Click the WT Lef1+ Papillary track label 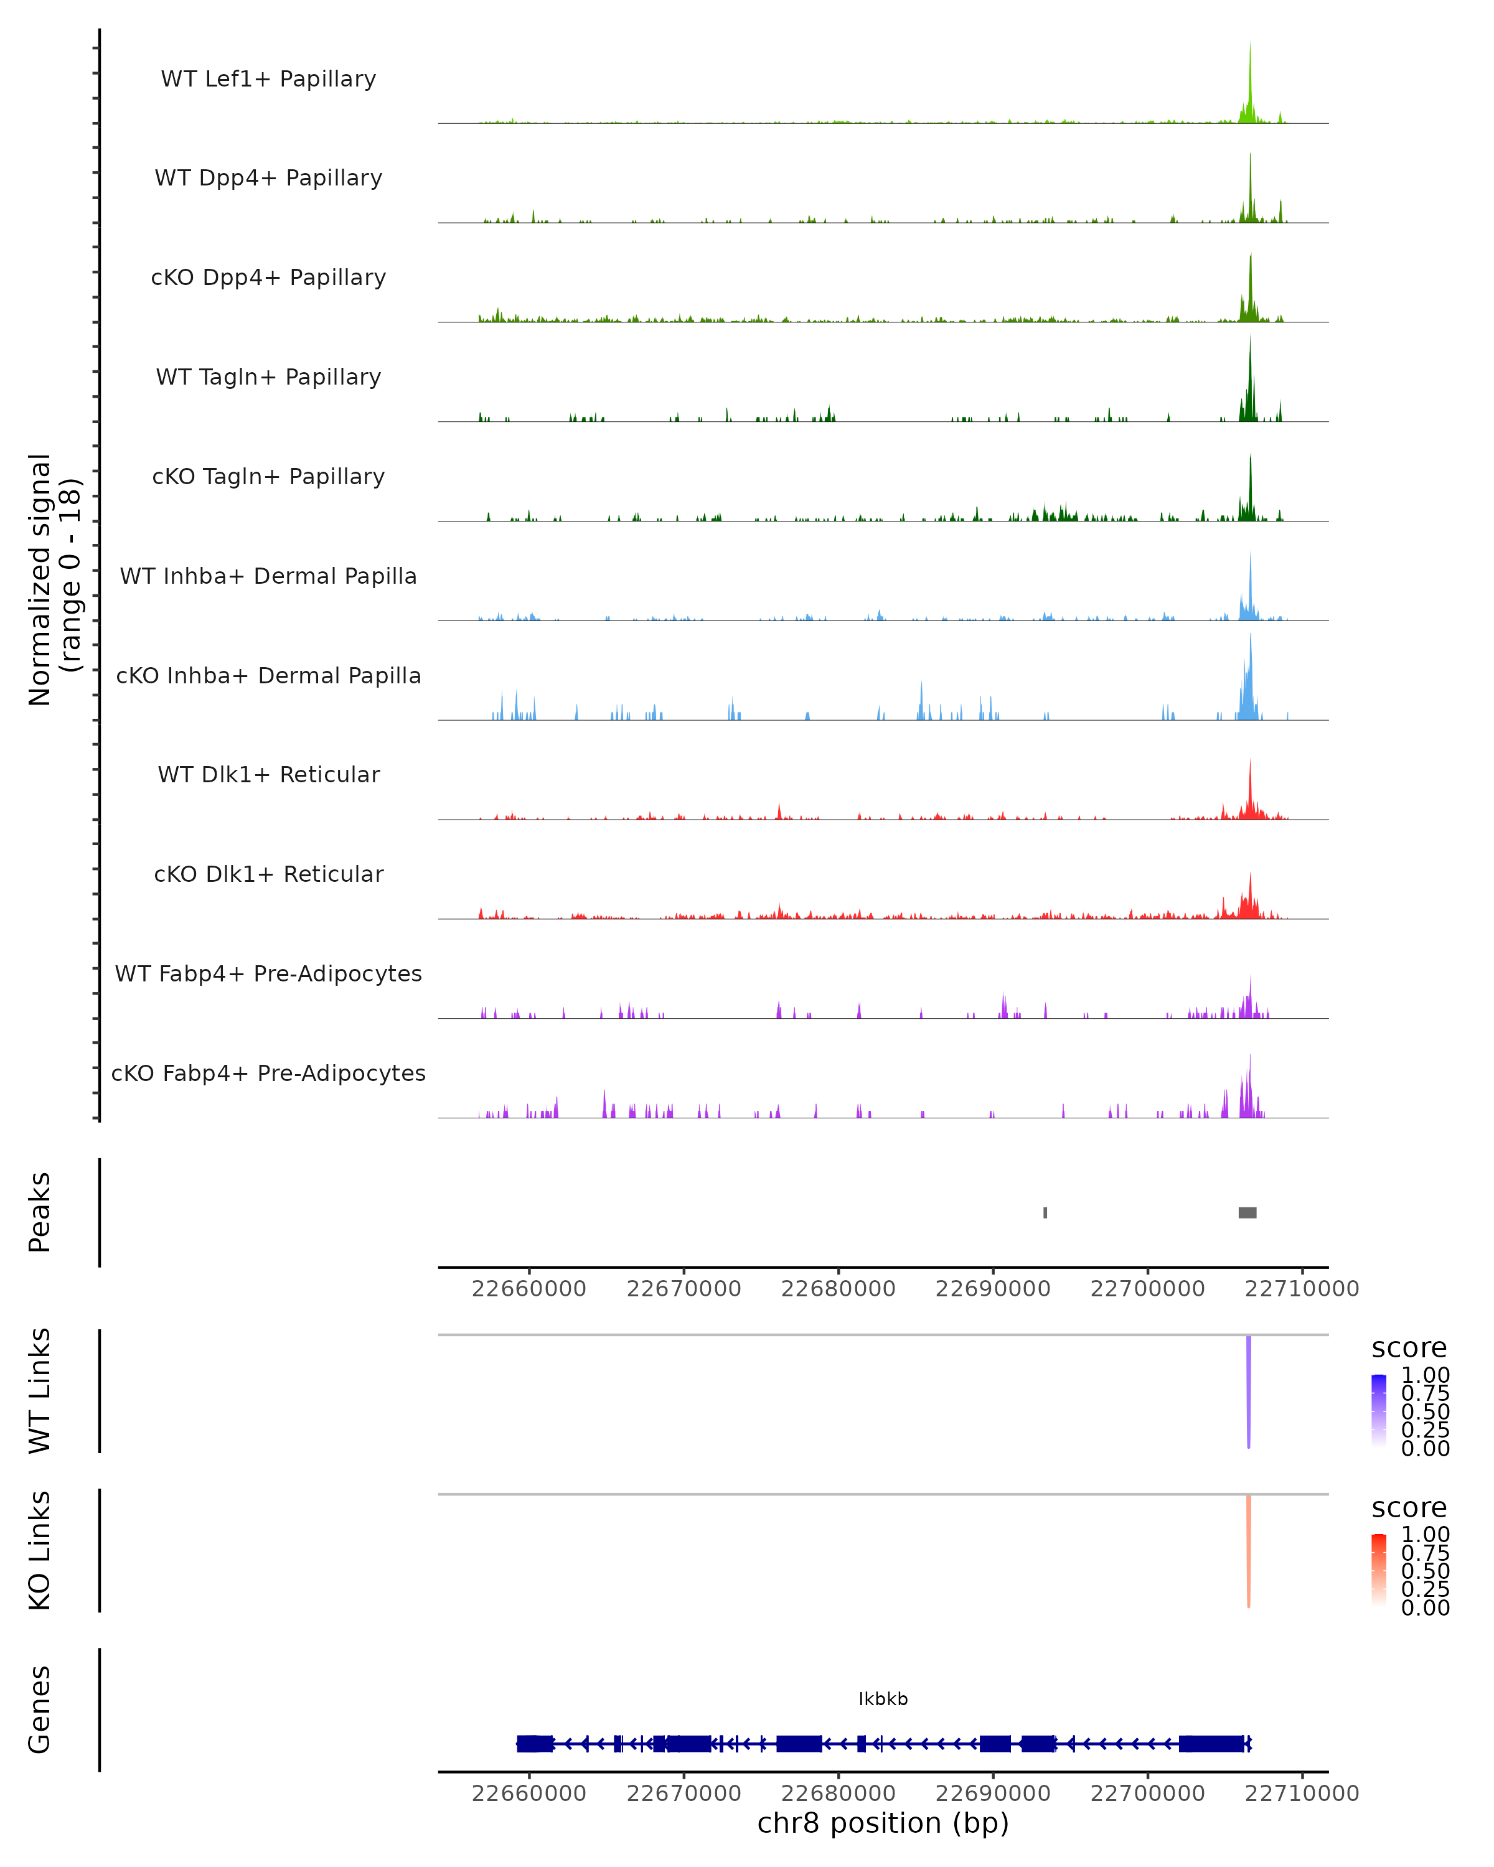pos(268,79)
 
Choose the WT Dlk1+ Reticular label pos(268,774)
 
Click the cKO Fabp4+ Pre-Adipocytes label pos(268,1073)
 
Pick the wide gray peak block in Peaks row pos(1247,1212)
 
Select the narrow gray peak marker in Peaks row pos(1045,1212)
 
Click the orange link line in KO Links pos(1248,1550)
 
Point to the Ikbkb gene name pos(883,1699)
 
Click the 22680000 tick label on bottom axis pos(837,1794)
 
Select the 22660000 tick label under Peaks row pos(529,1289)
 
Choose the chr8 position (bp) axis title pos(883,1823)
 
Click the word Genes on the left pos(40,1710)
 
